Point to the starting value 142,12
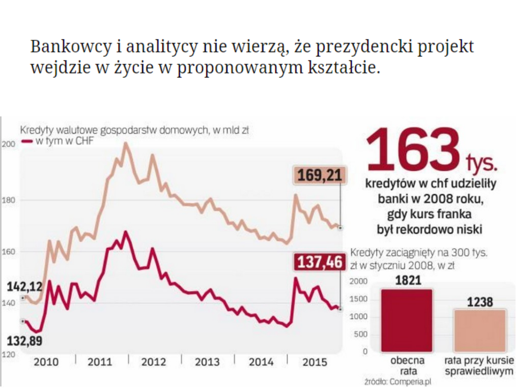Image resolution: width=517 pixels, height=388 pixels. tap(24, 287)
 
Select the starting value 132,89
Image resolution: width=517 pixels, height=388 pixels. tap(24, 341)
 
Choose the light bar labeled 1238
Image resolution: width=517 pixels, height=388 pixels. tap(480, 331)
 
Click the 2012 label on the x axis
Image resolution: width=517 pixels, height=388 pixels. tap(154, 362)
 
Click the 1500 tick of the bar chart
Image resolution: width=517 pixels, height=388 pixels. tap(359, 299)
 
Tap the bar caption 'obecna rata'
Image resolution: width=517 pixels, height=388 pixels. tap(404, 365)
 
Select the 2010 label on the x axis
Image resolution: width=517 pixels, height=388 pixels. tap(46, 362)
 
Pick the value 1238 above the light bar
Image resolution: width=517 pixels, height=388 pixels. tap(480, 303)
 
